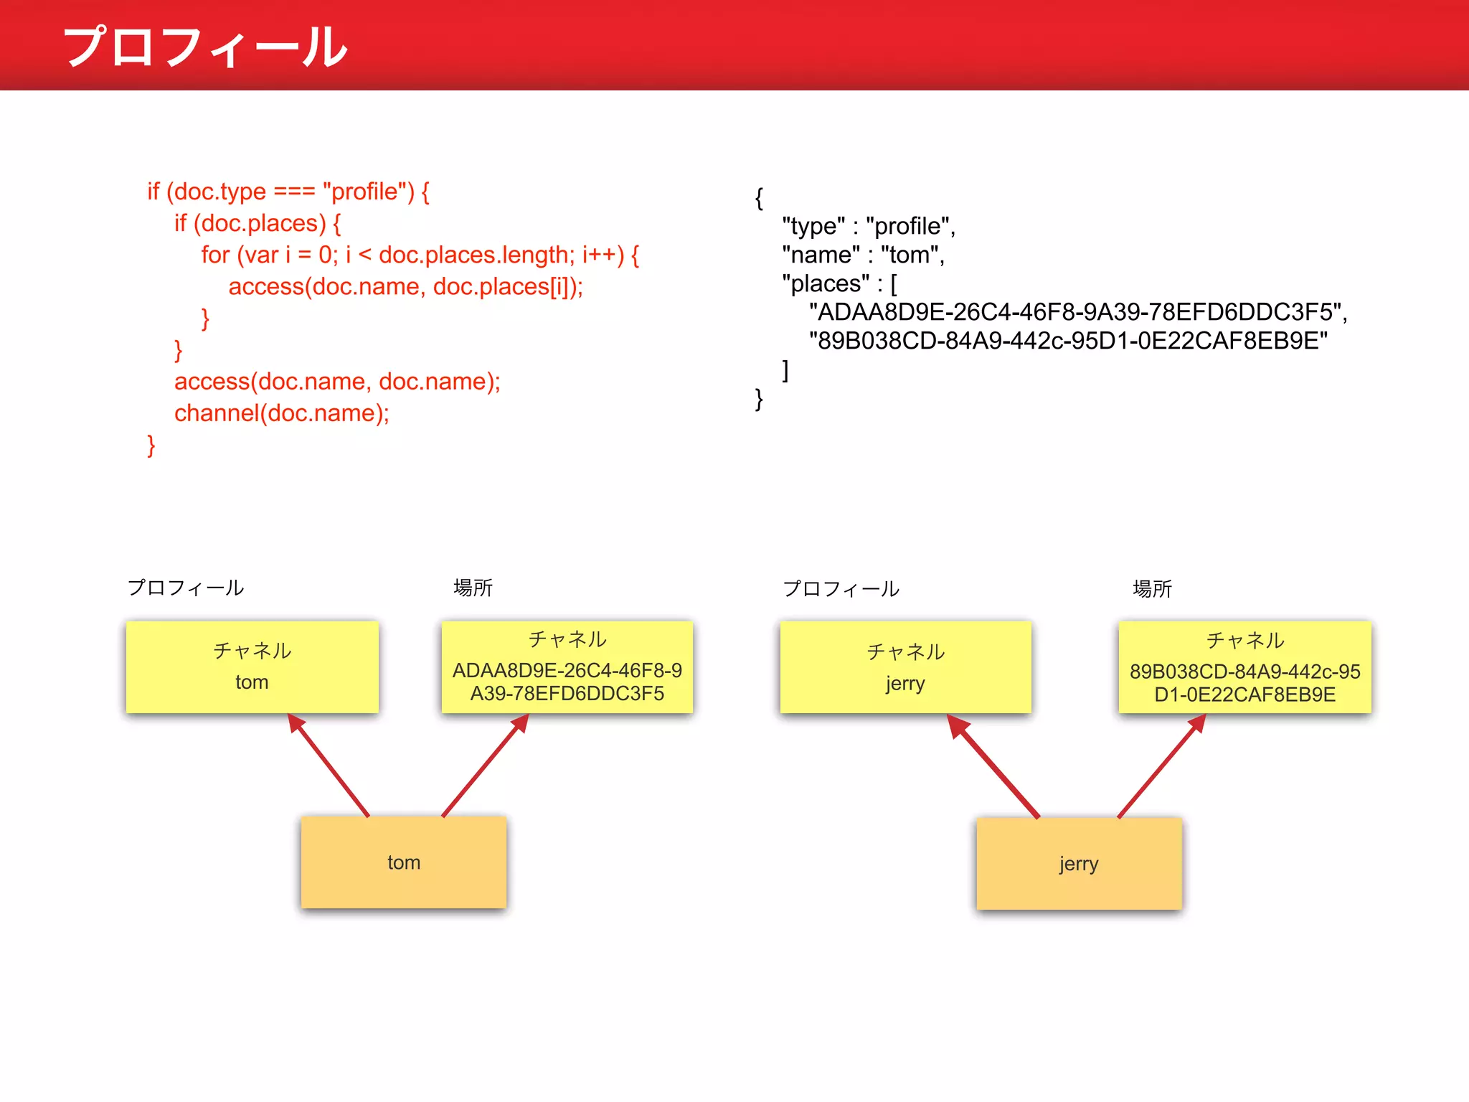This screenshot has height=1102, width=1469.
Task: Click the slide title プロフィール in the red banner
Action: click(205, 47)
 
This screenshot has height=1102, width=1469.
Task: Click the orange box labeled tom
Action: click(403, 862)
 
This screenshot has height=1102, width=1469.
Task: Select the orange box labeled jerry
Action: click(1078, 863)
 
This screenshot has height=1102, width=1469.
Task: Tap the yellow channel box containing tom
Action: click(252, 667)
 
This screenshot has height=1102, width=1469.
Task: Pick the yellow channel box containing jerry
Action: click(905, 667)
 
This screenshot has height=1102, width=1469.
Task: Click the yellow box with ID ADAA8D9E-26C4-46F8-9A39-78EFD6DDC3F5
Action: click(567, 667)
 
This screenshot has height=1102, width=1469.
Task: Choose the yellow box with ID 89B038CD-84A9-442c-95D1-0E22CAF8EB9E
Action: click(1244, 668)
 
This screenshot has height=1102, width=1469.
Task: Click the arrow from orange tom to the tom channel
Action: click(329, 766)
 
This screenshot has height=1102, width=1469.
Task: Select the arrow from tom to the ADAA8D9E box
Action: click(485, 766)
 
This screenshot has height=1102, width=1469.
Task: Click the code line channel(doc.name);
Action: click(281, 413)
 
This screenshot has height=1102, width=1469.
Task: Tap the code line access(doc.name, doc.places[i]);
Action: click(405, 286)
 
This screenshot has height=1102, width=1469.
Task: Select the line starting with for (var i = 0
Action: click(420, 255)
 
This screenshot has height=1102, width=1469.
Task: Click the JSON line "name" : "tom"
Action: click(863, 255)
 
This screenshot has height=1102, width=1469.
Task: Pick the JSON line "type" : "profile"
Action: click(868, 226)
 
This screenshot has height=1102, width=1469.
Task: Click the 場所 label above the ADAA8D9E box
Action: click(473, 588)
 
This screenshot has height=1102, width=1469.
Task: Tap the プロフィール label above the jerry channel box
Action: click(841, 589)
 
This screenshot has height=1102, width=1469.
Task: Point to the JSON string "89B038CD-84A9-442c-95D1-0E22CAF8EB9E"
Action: click(1068, 341)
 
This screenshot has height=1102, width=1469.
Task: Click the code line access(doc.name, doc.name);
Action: click(337, 382)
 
